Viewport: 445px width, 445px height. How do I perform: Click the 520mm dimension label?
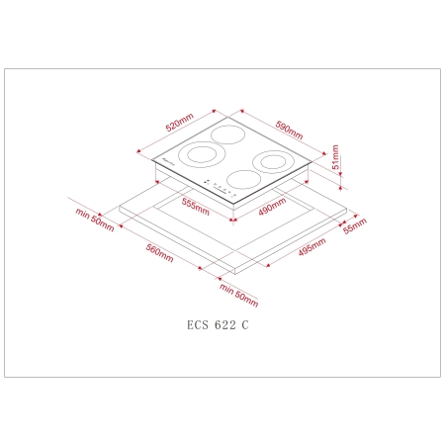point(178,126)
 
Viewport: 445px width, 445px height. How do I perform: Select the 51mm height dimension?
point(337,158)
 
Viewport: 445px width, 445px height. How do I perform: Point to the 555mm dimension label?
point(196,206)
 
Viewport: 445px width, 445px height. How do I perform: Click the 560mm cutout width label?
point(159,254)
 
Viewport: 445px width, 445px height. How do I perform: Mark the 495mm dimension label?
point(311,252)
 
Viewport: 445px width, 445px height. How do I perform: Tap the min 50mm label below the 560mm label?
point(239,295)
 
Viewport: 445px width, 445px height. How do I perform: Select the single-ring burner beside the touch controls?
point(240,180)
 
